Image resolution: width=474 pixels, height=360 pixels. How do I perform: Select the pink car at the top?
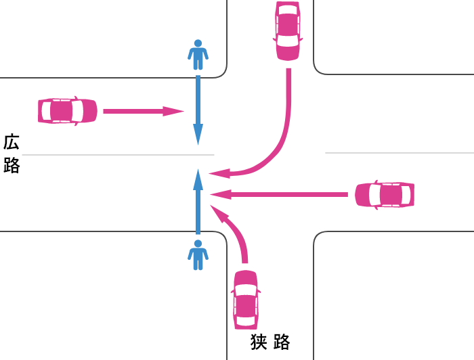[x=288, y=30]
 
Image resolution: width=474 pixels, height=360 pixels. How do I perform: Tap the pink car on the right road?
[x=384, y=195]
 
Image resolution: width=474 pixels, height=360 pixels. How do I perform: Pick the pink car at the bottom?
[x=246, y=300]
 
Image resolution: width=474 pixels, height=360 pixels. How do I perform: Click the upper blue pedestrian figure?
[x=198, y=55]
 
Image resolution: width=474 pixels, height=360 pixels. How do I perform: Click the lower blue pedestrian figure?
[x=198, y=255]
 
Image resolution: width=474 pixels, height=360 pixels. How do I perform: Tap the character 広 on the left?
[x=12, y=143]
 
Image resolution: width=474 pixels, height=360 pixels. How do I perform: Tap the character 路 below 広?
[x=12, y=166]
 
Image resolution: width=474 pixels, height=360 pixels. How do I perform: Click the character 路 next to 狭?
[x=282, y=342]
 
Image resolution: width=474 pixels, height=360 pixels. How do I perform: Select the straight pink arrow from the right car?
[x=284, y=195]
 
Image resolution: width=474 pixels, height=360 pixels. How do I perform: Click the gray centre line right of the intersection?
[x=400, y=153]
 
